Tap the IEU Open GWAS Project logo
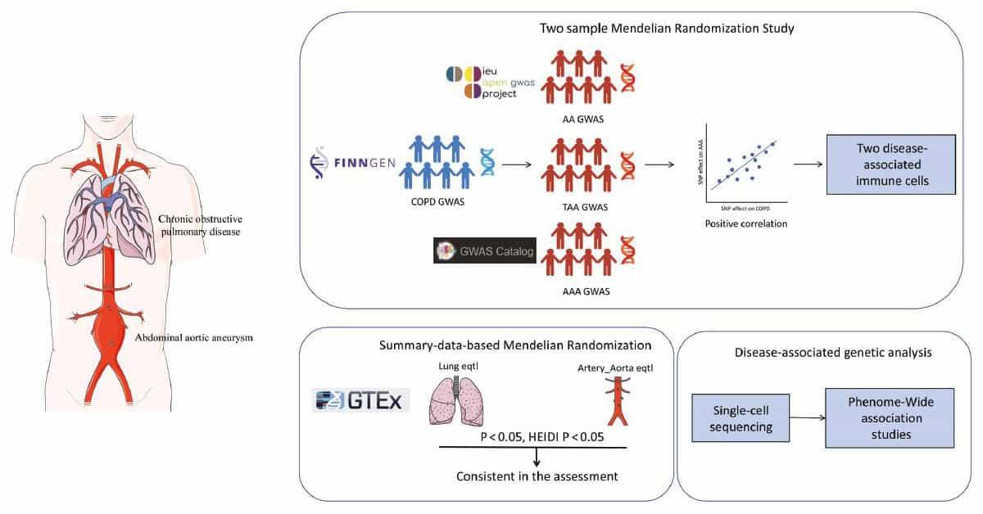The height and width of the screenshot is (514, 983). pos(478,84)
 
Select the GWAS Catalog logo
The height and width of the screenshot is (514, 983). pos(484,251)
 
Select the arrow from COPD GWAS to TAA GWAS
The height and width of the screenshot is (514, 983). pos(514,165)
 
